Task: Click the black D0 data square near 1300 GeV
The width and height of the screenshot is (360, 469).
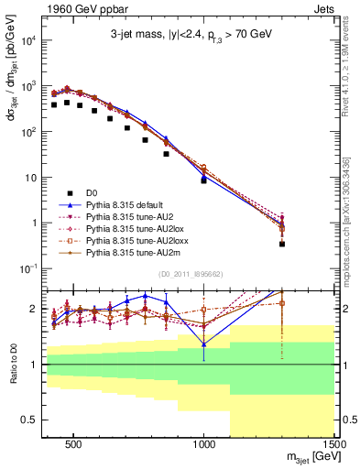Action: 282,244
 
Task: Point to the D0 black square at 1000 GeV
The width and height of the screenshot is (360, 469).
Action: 204,180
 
